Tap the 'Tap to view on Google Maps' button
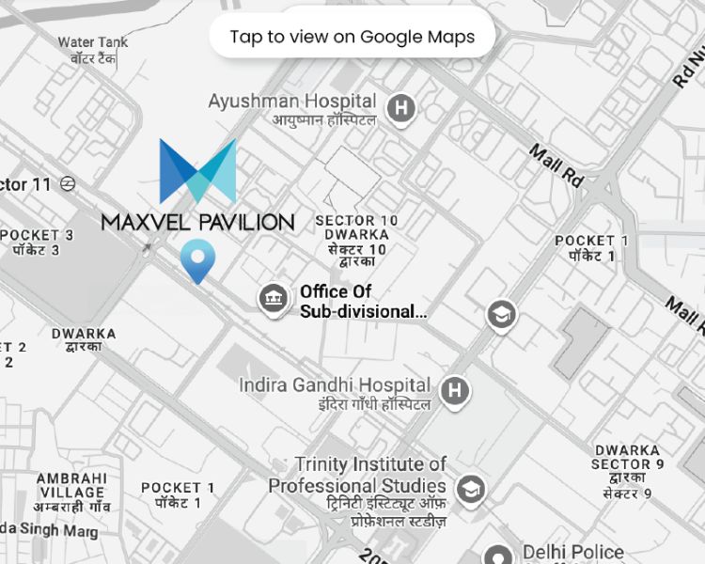tap(352, 37)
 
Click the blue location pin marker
tap(197, 259)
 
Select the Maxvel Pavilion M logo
tap(197, 172)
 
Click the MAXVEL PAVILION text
tap(197, 222)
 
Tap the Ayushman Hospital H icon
tap(402, 108)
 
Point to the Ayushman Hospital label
tap(292, 102)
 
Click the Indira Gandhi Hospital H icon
tap(455, 390)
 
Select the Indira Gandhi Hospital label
tap(335, 385)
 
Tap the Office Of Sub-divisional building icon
tap(274, 300)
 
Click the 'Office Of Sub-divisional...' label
tap(363, 301)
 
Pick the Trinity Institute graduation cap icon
tap(469, 489)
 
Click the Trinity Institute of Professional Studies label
tap(357, 475)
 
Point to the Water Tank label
tap(92, 42)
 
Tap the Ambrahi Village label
tap(71, 485)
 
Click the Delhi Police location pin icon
tap(497, 556)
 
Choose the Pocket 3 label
tap(38, 235)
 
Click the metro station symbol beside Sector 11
tap(68, 184)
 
